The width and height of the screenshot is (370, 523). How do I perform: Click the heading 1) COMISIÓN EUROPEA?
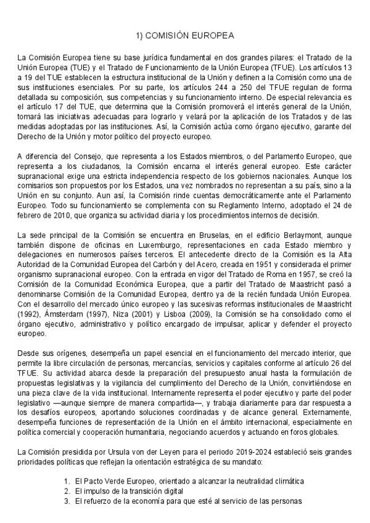click(185, 36)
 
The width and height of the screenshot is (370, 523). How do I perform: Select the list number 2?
click(67, 491)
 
